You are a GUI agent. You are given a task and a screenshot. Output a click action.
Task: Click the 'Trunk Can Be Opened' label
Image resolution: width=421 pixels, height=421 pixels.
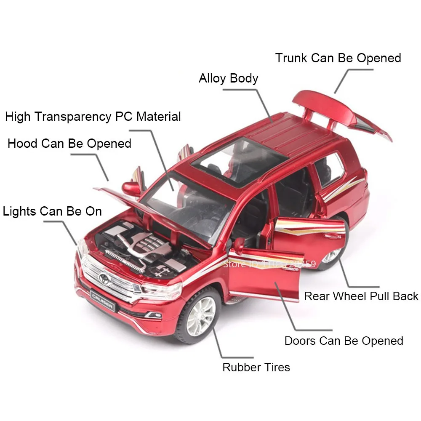[338, 58]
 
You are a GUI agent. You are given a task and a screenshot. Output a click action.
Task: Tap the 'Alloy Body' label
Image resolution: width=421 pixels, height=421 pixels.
[228, 79]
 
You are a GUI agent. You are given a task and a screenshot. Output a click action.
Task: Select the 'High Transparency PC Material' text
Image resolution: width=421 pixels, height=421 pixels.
[93, 117]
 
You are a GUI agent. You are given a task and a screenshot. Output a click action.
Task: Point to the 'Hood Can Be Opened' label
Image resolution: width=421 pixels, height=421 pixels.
[69, 144]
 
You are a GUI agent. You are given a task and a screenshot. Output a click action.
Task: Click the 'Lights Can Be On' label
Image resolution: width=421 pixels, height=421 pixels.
[53, 211]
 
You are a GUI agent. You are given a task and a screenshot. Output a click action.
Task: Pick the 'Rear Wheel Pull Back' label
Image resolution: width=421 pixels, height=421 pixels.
[361, 296]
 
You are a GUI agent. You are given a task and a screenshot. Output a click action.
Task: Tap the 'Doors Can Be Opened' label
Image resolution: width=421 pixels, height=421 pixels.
[344, 341]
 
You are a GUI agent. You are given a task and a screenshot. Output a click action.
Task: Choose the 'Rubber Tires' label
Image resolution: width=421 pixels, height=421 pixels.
[256, 367]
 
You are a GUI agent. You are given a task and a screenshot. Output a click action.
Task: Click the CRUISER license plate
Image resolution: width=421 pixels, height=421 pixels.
[102, 301]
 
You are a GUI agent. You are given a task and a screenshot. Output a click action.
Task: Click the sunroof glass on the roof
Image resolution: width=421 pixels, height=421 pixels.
[238, 160]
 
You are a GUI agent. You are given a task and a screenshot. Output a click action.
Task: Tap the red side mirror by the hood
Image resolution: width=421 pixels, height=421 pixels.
[131, 188]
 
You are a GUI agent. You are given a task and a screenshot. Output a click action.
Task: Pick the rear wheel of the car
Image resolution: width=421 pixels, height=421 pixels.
[333, 255]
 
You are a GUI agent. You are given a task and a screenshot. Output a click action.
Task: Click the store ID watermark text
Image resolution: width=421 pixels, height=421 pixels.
[269, 264]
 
